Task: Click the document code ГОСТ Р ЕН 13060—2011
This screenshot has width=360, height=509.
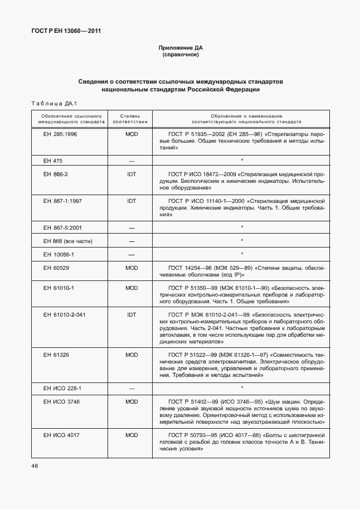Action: (x=66, y=31)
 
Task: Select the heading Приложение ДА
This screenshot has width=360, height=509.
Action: (x=180, y=49)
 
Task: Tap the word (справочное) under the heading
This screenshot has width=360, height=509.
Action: (x=180, y=56)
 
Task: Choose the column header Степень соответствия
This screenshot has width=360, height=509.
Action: (x=131, y=118)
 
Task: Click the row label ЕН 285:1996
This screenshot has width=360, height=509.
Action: (x=60, y=134)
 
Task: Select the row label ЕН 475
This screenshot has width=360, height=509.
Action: (x=53, y=161)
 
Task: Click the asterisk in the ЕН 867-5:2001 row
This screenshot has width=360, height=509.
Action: (x=242, y=227)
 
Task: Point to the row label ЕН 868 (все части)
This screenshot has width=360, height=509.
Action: (x=67, y=241)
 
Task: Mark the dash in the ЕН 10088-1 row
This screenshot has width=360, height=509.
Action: (x=132, y=255)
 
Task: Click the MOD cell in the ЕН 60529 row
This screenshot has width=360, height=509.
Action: (x=132, y=268)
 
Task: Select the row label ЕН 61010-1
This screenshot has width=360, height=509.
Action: (x=59, y=288)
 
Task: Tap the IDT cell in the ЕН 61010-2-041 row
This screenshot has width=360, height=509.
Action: (x=132, y=314)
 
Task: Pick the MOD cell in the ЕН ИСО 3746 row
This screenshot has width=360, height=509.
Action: (x=132, y=401)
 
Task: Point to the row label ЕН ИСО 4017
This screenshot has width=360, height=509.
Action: (x=61, y=434)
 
